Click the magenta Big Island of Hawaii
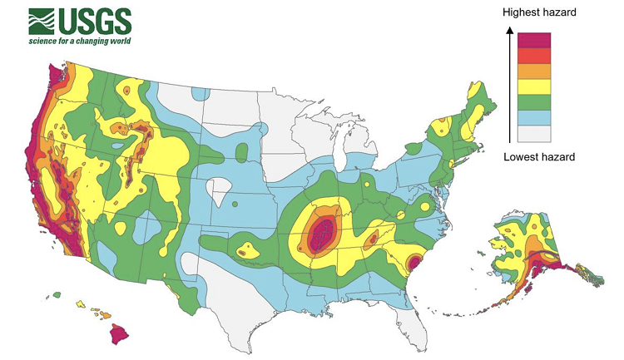point(121,333)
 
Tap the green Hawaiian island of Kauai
point(57,294)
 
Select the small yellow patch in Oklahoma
point(245,247)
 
